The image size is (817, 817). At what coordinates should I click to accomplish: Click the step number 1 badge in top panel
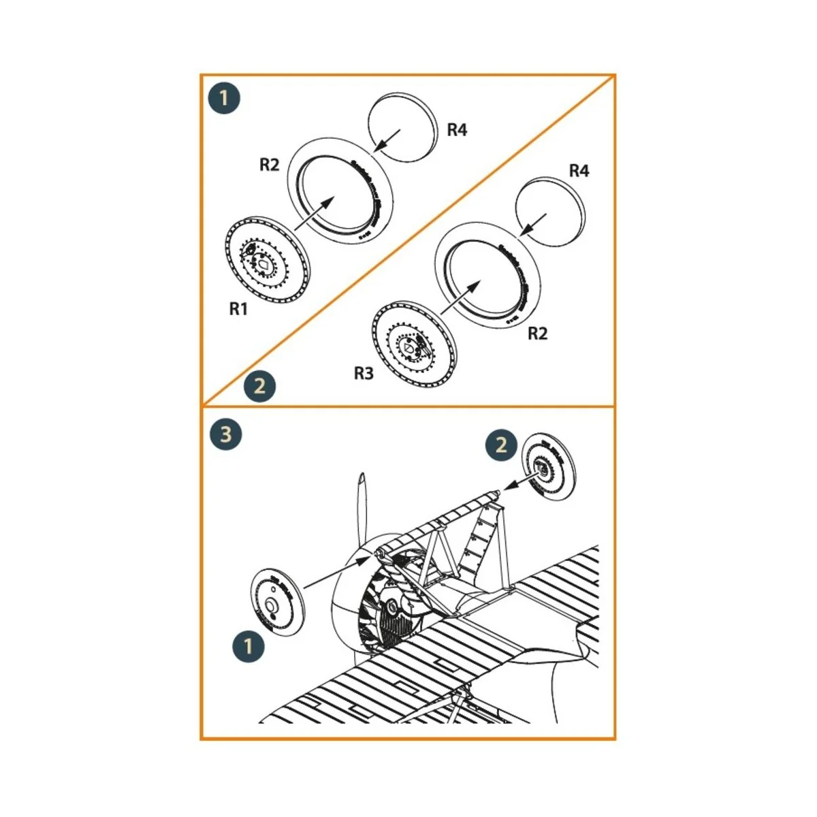[225, 99]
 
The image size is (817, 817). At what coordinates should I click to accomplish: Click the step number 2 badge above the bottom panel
[259, 387]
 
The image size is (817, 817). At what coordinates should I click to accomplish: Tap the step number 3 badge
[225, 435]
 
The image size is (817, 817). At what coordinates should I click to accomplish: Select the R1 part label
[238, 309]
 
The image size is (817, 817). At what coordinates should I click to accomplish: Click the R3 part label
[364, 373]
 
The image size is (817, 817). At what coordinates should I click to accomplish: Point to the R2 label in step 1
[270, 165]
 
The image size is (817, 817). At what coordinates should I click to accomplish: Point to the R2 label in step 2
[537, 334]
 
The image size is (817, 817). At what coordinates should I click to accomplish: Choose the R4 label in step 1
[457, 130]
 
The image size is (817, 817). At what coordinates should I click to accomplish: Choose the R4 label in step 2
[578, 171]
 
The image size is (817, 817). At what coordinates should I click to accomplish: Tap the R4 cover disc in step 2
[549, 212]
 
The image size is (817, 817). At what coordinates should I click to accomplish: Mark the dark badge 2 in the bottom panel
[501, 445]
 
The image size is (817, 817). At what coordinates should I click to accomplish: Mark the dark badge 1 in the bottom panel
[249, 644]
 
